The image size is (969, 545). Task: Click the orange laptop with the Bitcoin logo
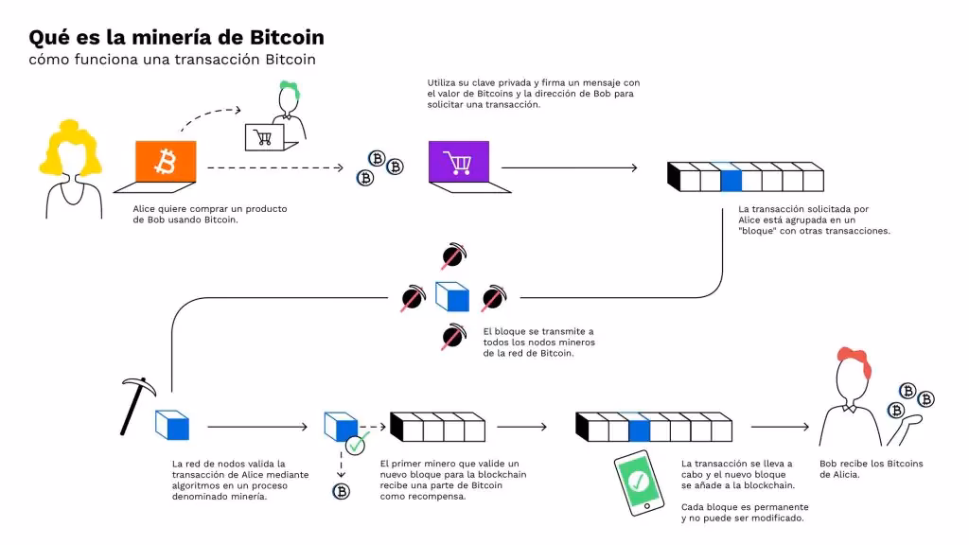pyautogui.click(x=166, y=164)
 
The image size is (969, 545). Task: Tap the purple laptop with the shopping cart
pyautogui.click(x=459, y=164)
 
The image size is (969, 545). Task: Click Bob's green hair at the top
pyautogui.click(x=288, y=90)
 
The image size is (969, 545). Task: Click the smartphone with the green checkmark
pyautogui.click(x=638, y=483)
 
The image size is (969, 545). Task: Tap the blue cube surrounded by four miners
pyautogui.click(x=451, y=297)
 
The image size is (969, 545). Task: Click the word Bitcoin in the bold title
pyautogui.click(x=287, y=38)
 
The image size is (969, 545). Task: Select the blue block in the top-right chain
pyautogui.click(x=731, y=178)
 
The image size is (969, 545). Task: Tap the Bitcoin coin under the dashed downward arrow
pyautogui.click(x=341, y=491)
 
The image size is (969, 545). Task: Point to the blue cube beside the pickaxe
pyautogui.click(x=172, y=427)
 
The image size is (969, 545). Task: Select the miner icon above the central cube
pyautogui.click(x=452, y=256)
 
